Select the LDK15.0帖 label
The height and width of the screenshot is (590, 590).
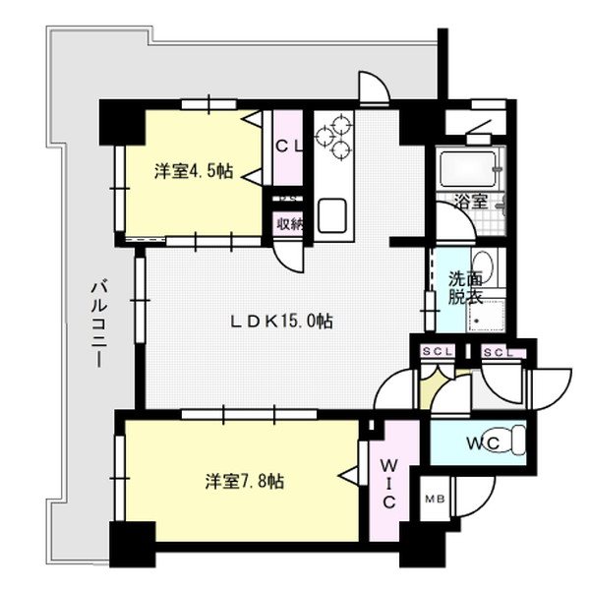281,322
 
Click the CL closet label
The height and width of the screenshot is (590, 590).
287,147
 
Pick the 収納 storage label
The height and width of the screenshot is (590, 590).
288,224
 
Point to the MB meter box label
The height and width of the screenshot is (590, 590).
433,500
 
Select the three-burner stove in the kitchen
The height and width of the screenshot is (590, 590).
336,136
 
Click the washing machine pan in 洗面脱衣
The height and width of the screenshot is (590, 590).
488,319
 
